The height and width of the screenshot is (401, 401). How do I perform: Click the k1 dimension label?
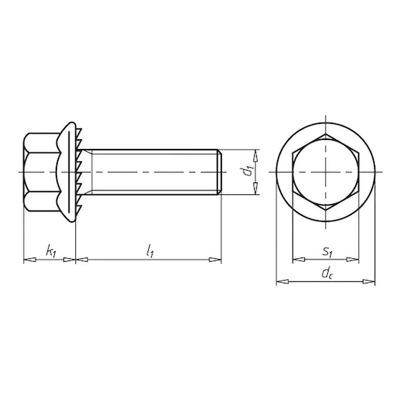pyautogui.click(x=51, y=251)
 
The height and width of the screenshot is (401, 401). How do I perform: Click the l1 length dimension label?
pyautogui.click(x=150, y=251)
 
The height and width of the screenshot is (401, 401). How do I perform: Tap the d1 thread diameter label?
pyautogui.click(x=248, y=171)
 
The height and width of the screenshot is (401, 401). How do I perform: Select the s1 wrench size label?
pyautogui.click(x=327, y=252)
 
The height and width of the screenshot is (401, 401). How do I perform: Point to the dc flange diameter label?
pyautogui.click(x=328, y=274)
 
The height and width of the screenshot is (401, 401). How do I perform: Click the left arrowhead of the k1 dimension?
pyautogui.click(x=29, y=260)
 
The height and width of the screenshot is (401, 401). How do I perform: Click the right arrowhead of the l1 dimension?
pyautogui.click(x=215, y=260)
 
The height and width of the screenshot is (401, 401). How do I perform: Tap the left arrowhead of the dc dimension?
pyautogui.click(x=283, y=281)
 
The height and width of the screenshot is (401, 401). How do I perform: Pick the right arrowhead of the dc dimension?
pyautogui.click(x=369, y=281)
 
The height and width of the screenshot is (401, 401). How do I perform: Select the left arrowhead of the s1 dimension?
pyautogui.click(x=299, y=260)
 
